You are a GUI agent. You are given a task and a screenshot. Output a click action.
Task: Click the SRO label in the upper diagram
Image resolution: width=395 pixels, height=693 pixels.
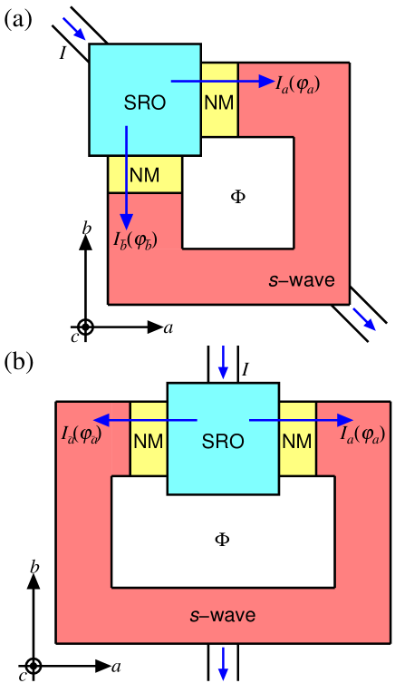(145, 103)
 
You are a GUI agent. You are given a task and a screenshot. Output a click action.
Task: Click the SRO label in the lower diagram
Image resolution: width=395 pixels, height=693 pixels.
(223, 443)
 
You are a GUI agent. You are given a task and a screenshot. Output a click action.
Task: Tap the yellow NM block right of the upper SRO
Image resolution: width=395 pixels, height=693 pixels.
(219, 101)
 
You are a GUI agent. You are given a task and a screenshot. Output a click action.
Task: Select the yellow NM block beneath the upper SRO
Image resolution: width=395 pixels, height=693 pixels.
(145, 174)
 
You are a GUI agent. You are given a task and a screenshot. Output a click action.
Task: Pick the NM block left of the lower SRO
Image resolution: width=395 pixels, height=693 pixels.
(149, 442)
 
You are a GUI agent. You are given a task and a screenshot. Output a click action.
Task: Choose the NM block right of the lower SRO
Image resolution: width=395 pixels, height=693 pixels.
(297, 442)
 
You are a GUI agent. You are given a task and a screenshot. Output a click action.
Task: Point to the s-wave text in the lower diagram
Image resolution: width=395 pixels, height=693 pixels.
(223, 616)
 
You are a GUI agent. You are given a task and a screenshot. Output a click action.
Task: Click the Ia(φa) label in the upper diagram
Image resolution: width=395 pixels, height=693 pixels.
(298, 84)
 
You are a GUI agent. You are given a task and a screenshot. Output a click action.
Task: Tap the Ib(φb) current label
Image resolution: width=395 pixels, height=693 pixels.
(135, 241)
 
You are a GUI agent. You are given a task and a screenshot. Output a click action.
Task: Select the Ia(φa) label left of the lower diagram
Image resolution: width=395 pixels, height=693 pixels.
(81, 435)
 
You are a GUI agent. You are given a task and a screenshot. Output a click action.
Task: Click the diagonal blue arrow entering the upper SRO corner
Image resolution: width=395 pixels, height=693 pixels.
(75, 29)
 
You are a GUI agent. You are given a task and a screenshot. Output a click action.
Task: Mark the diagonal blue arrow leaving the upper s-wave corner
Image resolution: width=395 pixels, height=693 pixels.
(364, 319)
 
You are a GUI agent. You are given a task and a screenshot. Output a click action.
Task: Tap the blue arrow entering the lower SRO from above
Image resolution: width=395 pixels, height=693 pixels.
(223, 363)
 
